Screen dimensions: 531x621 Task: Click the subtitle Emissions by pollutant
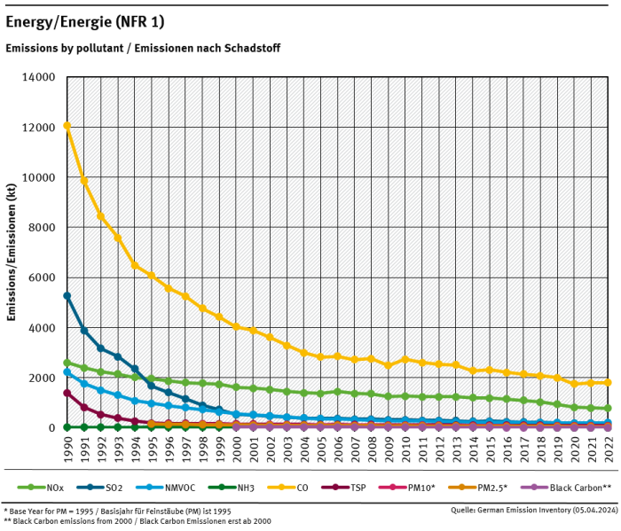(x=143, y=48)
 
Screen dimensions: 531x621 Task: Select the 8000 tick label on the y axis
(x=42, y=227)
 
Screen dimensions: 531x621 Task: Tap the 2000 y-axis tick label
(x=42, y=378)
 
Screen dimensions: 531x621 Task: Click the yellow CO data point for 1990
(x=67, y=126)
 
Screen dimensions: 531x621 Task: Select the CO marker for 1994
(x=135, y=265)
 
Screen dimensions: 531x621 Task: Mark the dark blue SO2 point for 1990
(x=67, y=295)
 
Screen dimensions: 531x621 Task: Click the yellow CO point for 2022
(x=608, y=383)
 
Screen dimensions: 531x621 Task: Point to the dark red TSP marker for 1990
(x=67, y=393)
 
